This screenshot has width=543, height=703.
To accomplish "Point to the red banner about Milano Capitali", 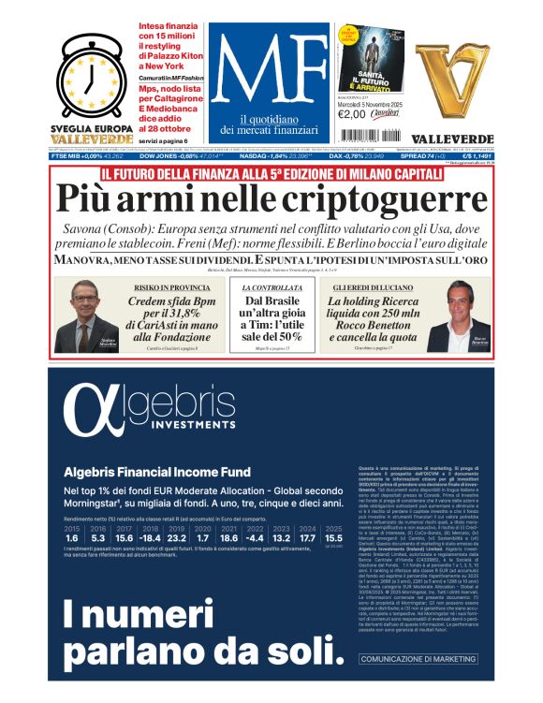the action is [x=271, y=171].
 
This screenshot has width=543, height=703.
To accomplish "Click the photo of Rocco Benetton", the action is [x=454, y=318].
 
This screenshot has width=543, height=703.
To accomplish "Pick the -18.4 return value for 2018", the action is [x=149, y=538].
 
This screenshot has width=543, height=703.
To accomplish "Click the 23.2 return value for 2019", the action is [x=177, y=538].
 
